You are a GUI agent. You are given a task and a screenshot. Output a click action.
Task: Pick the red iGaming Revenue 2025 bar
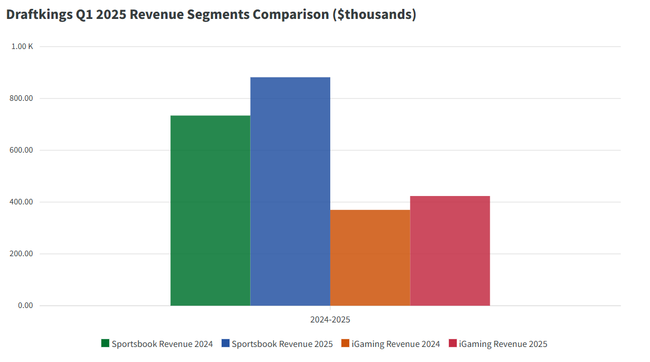[x=450, y=251]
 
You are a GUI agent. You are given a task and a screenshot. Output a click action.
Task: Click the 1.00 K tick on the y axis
[x=22, y=47]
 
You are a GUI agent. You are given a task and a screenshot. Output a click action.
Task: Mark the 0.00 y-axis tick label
[x=26, y=306]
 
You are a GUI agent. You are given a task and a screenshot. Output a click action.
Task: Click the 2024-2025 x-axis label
[x=330, y=320]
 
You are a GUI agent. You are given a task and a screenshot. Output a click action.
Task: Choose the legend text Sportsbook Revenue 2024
[x=162, y=344]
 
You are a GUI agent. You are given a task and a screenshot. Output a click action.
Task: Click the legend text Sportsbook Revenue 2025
[x=282, y=344]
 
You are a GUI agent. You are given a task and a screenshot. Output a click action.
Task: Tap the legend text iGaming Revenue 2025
[x=503, y=344]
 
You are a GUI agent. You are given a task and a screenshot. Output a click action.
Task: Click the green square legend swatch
[x=105, y=344]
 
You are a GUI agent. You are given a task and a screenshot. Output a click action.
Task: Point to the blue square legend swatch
[x=226, y=344]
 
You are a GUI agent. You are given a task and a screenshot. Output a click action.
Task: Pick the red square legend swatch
[x=453, y=344]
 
